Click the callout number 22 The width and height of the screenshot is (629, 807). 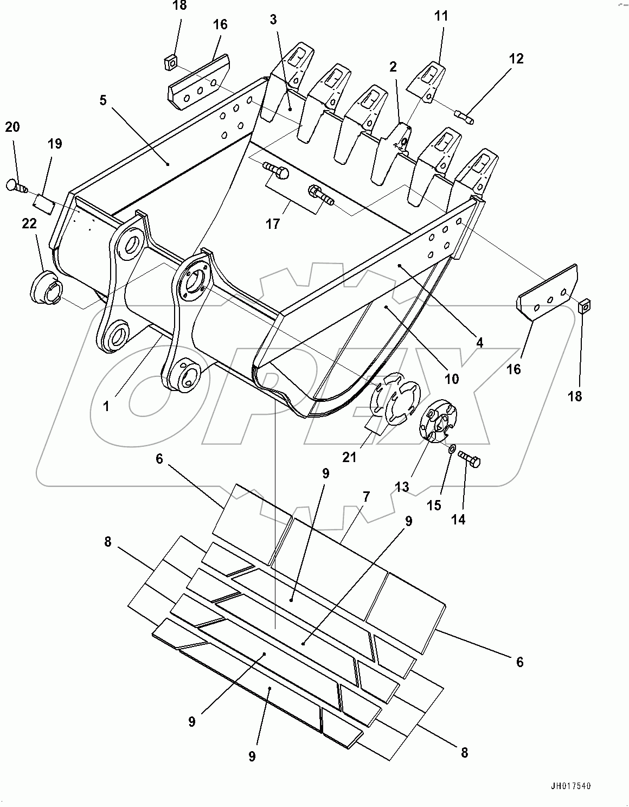pos(29,223)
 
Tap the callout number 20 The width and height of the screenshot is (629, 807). pos(12,127)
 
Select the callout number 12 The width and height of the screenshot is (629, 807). pos(516,59)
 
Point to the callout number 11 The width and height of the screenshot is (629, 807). pos(441,16)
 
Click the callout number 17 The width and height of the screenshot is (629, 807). pos(273,223)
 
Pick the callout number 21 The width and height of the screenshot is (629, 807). pos(349,457)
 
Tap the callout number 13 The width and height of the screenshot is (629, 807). pos(401,487)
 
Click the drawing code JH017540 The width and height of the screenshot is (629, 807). pos(569,785)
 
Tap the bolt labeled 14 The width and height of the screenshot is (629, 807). pos(470,459)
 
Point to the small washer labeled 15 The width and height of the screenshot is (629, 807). pos(452,448)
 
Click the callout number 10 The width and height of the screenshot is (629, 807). pos(451,378)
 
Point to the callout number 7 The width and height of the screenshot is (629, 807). pos(367,496)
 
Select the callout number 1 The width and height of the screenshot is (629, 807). pos(106,406)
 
